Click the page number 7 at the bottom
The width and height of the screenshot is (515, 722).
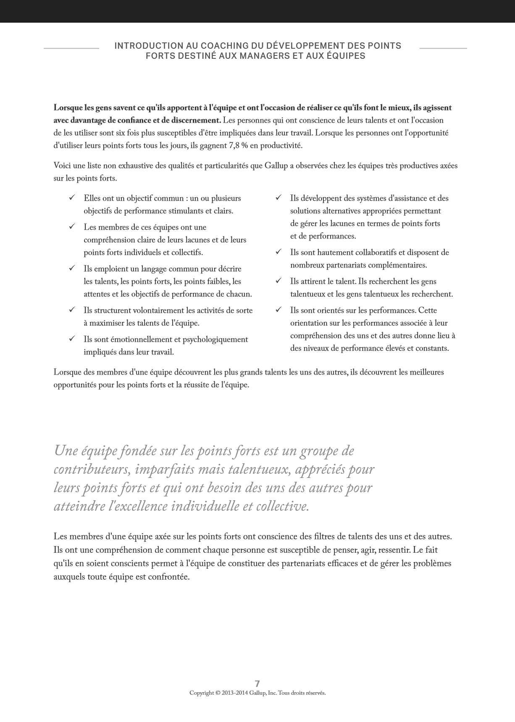(x=257, y=683)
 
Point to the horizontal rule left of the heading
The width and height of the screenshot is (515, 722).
(x=71, y=48)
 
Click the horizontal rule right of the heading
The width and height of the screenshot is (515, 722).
(x=443, y=48)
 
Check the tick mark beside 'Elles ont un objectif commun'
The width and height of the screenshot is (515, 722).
(x=72, y=197)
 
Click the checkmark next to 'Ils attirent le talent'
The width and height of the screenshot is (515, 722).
(x=278, y=281)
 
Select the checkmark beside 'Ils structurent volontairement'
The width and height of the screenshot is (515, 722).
(x=72, y=310)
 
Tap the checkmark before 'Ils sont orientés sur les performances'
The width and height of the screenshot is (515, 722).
(x=278, y=310)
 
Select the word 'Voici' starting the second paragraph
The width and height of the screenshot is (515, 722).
(x=62, y=165)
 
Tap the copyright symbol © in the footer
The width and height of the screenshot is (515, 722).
(x=218, y=693)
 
